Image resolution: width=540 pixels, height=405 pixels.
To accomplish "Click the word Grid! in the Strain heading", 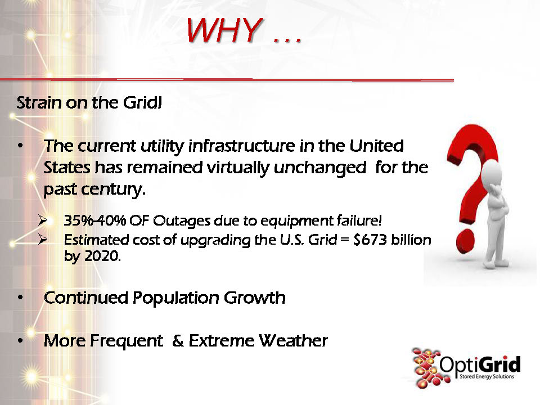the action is click(142, 102).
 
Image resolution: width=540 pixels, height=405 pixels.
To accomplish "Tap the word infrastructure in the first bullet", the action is click(241, 146).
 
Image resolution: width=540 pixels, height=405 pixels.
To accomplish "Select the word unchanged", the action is click(320, 168).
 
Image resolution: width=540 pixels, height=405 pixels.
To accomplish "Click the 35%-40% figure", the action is click(94, 220).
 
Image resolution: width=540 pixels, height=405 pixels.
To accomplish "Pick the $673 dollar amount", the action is click(370, 240).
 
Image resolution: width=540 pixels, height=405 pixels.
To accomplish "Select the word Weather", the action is click(293, 341).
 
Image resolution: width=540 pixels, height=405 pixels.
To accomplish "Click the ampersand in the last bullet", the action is click(178, 341).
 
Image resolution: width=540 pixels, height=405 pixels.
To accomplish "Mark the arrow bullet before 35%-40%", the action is click(43, 220).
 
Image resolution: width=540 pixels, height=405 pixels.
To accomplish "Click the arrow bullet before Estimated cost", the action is click(43, 239).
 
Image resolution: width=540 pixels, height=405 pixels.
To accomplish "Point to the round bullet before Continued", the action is click(21, 298).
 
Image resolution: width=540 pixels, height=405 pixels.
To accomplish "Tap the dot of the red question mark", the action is click(465, 241).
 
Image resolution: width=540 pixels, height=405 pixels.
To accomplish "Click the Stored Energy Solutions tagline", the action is click(487, 376).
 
